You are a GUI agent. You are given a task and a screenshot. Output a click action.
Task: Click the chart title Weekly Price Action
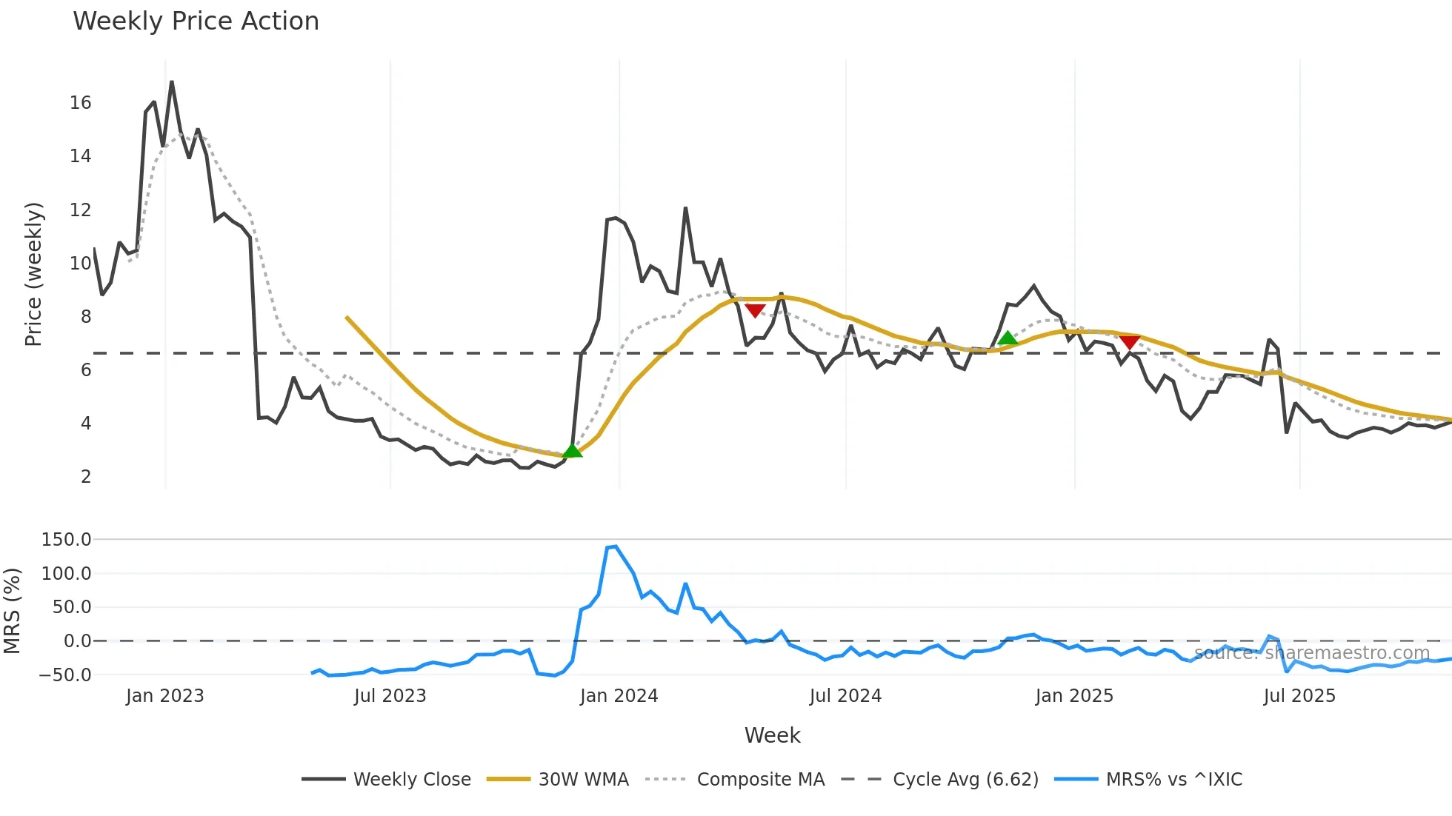pyautogui.click(x=196, y=21)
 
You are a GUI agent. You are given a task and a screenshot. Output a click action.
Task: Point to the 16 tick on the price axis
pyautogui.click(x=81, y=103)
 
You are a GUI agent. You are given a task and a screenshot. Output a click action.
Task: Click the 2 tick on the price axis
pyautogui.click(x=86, y=477)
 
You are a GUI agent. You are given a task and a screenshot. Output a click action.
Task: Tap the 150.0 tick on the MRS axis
pyautogui.click(x=67, y=540)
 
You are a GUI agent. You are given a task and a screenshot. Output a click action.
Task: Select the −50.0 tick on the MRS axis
pyautogui.click(x=65, y=675)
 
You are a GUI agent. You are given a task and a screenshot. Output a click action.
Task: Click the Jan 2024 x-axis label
pyautogui.click(x=619, y=696)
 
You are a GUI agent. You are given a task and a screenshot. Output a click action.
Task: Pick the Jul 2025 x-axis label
pyautogui.click(x=1299, y=696)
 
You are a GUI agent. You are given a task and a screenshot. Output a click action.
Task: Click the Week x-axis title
pyautogui.click(x=772, y=735)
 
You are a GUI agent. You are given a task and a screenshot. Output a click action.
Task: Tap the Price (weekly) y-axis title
pyautogui.click(x=33, y=274)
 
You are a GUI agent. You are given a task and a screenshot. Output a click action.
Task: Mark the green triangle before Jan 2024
pyautogui.click(x=572, y=450)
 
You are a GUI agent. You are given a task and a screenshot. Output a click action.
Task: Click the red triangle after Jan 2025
pyautogui.click(x=1129, y=342)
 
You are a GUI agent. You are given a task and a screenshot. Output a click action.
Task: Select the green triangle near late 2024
pyautogui.click(x=1007, y=338)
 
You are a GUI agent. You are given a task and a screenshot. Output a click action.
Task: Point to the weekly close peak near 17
pyautogui.click(x=172, y=82)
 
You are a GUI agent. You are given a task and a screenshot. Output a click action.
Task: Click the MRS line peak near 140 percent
pyautogui.click(x=615, y=546)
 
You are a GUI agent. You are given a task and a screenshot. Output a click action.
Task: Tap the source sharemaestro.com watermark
pyautogui.click(x=1311, y=653)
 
